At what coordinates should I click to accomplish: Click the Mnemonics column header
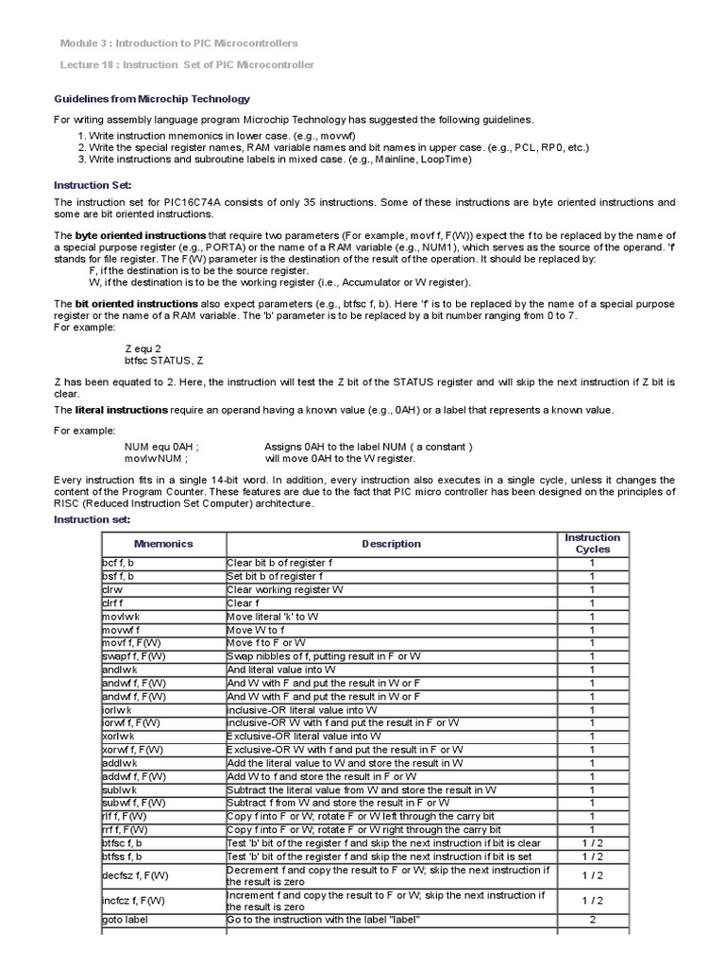click(162, 544)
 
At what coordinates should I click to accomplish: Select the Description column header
click(391, 544)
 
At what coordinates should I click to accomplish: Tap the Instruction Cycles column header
click(592, 543)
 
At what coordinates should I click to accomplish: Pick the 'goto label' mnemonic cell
click(125, 920)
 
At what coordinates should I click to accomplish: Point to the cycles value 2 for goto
click(592, 920)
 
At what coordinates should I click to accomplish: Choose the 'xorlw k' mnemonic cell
click(119, 736)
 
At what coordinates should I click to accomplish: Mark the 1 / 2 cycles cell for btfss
click(592, 856)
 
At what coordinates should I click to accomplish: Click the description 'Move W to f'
click(258, 629)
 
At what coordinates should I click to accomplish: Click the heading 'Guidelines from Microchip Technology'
click(152, 99)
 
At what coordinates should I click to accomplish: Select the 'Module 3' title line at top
click(178, 43)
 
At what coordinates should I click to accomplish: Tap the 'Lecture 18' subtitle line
click(187, 64)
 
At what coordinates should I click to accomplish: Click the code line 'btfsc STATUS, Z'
click(164, 361)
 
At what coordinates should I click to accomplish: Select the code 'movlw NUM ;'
click(157, 458)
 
